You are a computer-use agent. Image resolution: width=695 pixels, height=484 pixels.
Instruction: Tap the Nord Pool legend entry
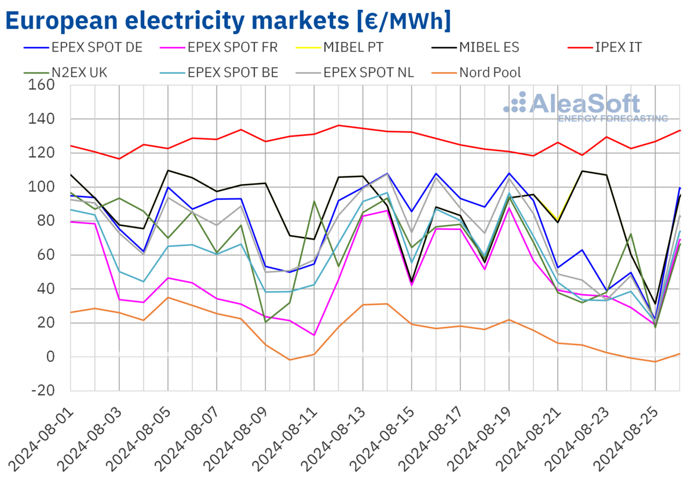pos(489,72)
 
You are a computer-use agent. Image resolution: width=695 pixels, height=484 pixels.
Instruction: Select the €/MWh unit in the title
pos(400,21)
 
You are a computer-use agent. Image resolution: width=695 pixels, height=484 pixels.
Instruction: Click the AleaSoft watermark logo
pos(585,107)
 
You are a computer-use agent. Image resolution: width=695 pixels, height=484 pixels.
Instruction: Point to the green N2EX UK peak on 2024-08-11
pos(314,201)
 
